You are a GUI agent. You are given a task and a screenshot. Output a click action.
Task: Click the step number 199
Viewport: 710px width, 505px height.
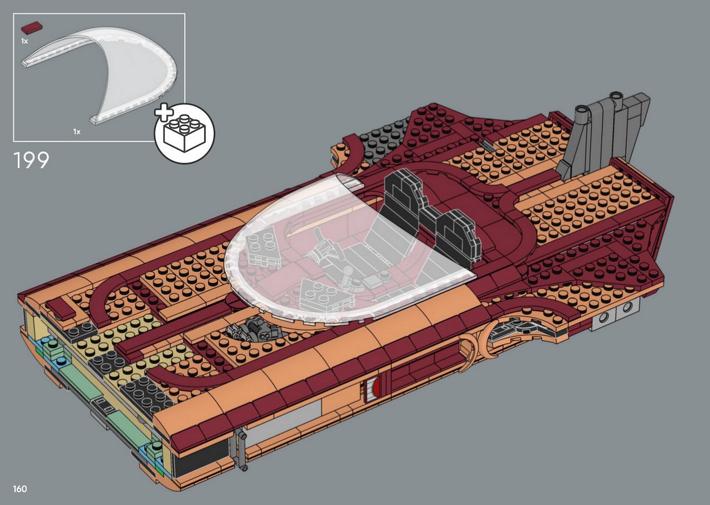[x=32, y=160]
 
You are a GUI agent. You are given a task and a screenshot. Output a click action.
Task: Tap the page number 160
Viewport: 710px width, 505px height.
[x=20, y=489]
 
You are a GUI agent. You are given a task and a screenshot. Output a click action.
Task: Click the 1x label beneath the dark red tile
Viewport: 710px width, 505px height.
[x=24, y=41]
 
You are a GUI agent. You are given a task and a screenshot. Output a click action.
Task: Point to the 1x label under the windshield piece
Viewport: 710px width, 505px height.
[x=77, y=131]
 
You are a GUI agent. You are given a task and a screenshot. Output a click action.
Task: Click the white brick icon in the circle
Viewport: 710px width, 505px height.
[x=185, y=134]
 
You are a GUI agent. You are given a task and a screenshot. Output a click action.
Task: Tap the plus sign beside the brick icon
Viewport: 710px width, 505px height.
[x=164, y=112]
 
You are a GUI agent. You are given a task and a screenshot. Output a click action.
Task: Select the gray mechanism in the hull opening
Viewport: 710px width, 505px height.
[x=253, y=330]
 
